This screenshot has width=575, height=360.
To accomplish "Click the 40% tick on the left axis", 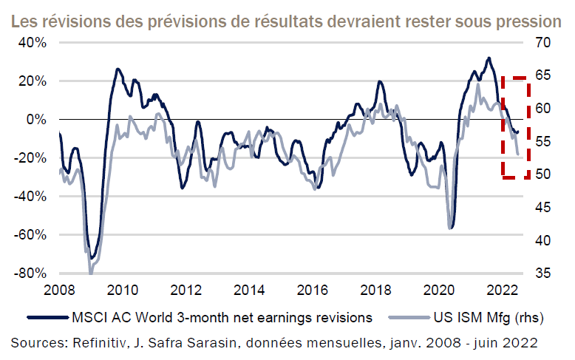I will pos(32,42).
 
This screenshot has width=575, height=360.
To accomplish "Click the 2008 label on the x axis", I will pos(58,289).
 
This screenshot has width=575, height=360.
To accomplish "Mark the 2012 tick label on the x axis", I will pos(186,289).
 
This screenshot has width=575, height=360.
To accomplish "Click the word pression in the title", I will pos(525,20).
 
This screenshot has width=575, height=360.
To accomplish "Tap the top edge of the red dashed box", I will pos(515,76).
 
